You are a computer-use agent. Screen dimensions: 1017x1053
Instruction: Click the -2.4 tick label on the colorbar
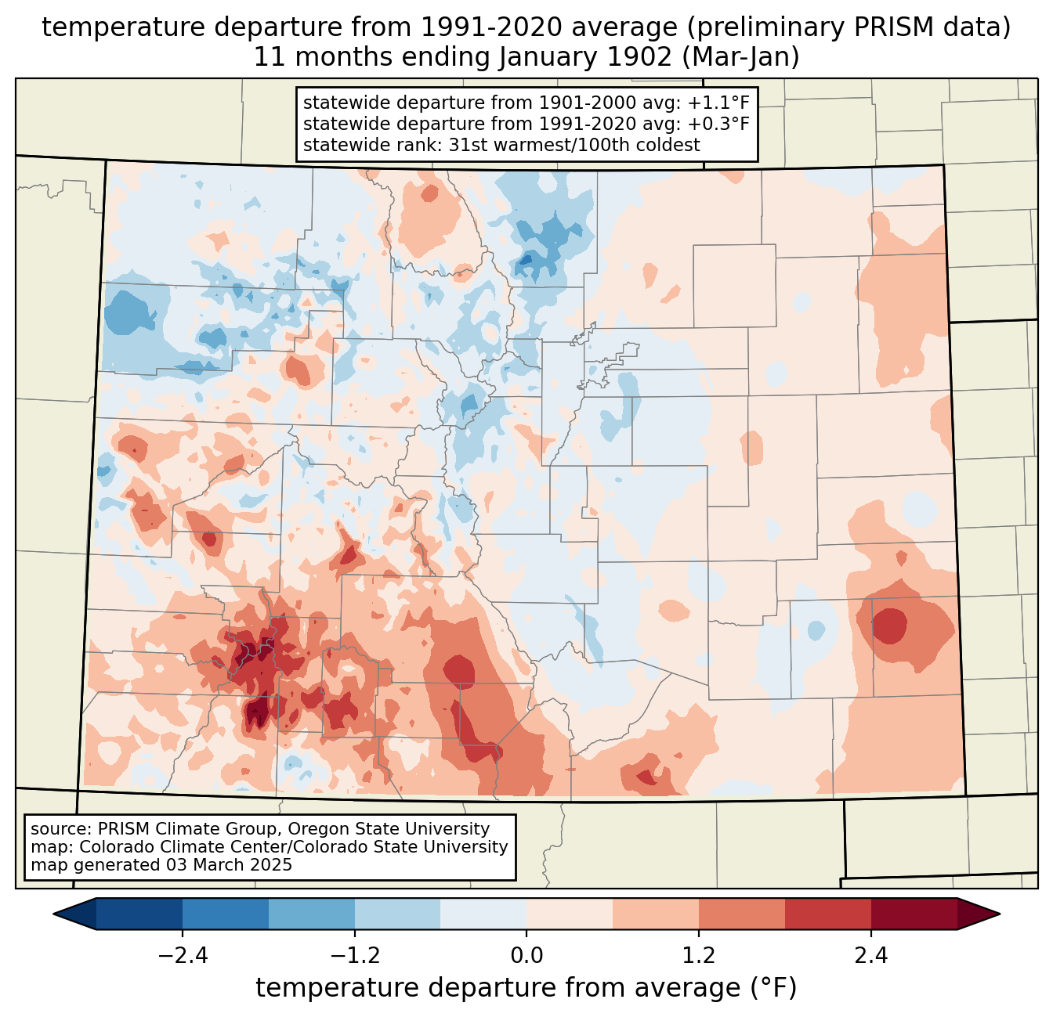coord(182,956)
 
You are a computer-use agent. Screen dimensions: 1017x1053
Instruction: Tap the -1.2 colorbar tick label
coord(354,956)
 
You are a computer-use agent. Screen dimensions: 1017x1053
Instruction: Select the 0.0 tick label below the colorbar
coord(526,956)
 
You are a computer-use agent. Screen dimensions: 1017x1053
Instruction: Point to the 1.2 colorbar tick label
coord(699,956)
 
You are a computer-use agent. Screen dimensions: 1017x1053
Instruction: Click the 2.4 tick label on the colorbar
coord(871,956)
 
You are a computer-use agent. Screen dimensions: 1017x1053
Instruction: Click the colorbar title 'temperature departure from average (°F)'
coord(526,988)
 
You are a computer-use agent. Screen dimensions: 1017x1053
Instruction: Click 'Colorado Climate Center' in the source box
coord(167,847)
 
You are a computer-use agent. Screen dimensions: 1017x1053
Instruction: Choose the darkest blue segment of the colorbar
coord(139,914)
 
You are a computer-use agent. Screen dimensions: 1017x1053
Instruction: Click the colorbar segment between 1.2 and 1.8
coord(742,914)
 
